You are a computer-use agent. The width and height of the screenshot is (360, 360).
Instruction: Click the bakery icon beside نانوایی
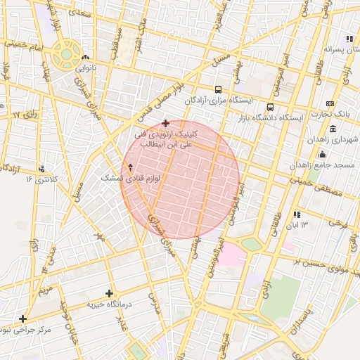[x=86, y=58]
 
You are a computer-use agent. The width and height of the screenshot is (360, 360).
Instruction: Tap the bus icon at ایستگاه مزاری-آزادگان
[x=219, y=90]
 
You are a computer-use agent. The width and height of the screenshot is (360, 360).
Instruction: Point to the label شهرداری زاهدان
[x=331, y=140]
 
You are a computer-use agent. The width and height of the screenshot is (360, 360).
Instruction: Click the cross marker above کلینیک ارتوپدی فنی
[x=165, y=123]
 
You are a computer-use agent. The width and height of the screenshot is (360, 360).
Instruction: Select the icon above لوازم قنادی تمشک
[x=130, y=168]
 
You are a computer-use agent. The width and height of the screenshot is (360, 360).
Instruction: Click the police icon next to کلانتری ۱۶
[x=43, y=169]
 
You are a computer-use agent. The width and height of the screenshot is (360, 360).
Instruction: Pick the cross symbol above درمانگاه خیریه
[x=109, y=293]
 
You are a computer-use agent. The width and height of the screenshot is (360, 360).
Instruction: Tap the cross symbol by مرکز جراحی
[x=23, y=319]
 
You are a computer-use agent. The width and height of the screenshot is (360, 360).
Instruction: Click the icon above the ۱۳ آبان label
[x=297, y=214]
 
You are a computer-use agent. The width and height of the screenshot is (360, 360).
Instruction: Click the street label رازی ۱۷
[x=26, y=114]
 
